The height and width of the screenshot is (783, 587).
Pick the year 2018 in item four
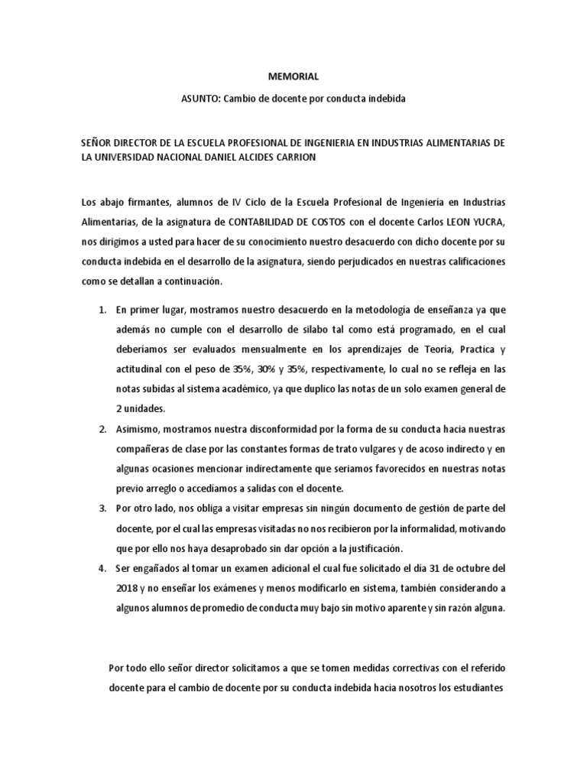point(128,588)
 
